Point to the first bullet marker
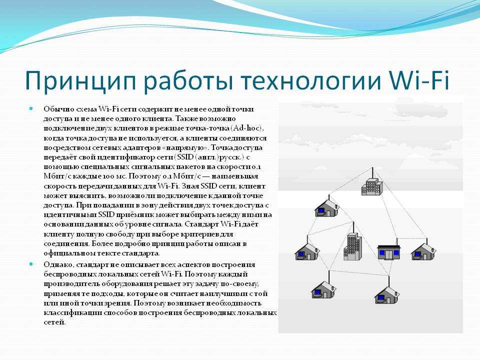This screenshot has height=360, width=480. click(x=30, y=108)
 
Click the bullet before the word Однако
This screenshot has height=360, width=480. click(x=30, y=264)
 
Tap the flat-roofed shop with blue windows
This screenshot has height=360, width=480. click(x=389, y=252)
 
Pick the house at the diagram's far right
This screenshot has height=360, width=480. click(x=423, y=251)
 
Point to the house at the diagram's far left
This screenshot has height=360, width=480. click(x=307, y=251)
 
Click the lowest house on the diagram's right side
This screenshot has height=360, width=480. click(x=387, y=295)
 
